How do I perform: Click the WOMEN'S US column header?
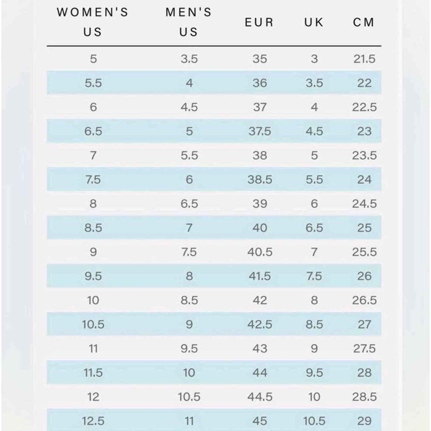[93, 22]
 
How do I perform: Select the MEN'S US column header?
[189, 22]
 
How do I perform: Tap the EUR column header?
[259, 22]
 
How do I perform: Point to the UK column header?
[314, 22]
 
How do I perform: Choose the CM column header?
[364, 22]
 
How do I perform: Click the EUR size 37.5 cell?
[259, 131]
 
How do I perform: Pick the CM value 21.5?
[364, 59]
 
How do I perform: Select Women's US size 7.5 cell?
[93, 180]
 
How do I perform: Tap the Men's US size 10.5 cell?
[189, 397]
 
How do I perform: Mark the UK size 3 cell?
[314, 59]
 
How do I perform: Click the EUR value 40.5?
[259, 252]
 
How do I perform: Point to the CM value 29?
[364, 421]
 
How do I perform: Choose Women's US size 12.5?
[93, 421]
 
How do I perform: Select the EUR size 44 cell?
[259, 373]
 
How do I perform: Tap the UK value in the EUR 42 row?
[314, 300]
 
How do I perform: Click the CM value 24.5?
[364, 204]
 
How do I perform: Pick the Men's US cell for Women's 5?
[189, 59]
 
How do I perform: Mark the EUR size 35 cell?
[259, 59]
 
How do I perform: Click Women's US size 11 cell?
[93, 348]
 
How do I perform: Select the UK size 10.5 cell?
[314, 421]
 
